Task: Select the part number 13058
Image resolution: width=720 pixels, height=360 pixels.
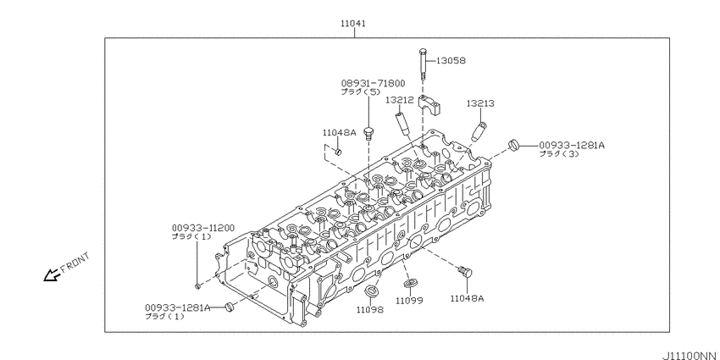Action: [x=451, y=60]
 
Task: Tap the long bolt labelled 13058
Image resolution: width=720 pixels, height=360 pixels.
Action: [x=421, y=67]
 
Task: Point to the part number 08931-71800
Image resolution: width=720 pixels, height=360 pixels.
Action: [x=373, y=83]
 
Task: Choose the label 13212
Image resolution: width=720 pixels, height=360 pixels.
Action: [x=399, y=100]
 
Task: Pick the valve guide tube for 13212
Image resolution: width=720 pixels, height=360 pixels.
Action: [x=402, y=123]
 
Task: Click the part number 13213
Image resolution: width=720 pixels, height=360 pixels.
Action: [x=480, y=103]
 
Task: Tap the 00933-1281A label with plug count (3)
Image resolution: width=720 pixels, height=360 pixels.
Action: [x=572, y=145]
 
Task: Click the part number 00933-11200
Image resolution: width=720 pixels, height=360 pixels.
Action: [x=202, y=228]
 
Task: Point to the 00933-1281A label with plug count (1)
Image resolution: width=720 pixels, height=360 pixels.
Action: [x=175, y=307]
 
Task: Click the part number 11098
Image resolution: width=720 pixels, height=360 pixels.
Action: [x=369, y=310]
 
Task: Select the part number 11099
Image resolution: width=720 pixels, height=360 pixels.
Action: [x=409, y=301]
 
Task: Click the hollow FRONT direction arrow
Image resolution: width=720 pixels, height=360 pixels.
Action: [x=53, y=274]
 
